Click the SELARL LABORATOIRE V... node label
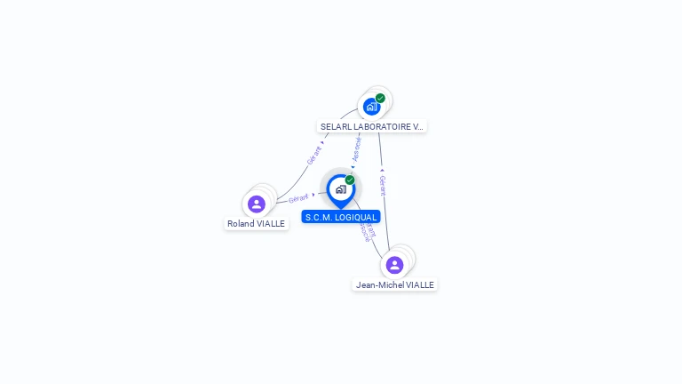[372, 127]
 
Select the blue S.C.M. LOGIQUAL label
[340, 217]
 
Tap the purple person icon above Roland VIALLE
[257, 204]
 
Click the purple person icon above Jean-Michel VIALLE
[395, 265]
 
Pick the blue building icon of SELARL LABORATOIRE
[371, 107]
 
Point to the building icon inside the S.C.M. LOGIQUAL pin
[340, 189]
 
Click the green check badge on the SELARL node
[380, 99]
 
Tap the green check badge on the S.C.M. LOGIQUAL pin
[350, 180]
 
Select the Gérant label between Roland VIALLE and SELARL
[313, 155]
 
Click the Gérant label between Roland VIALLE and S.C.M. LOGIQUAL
[298, 198]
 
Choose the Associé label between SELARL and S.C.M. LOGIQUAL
[356, 149]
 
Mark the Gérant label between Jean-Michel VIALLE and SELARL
[383, 186]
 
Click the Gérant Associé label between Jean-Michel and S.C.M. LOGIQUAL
[367, 231]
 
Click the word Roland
[241, 224]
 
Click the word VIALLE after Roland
[271, 224]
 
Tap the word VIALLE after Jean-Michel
[421, 285]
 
